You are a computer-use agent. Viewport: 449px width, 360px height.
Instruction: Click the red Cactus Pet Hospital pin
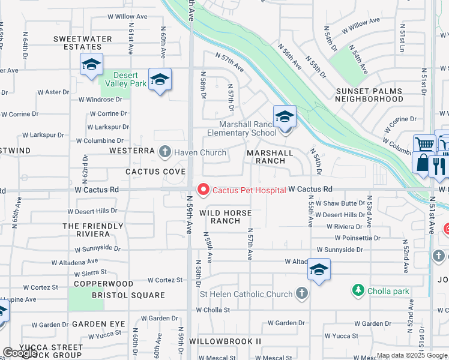(203, 190)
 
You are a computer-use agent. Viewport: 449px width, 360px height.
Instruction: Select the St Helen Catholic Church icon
(301, 294)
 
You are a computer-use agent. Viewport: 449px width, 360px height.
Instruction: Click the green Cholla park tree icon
(358, 291)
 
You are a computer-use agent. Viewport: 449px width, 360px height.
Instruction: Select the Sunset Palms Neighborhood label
(377, 95)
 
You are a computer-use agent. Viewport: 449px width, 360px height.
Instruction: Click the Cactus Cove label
(148, 172)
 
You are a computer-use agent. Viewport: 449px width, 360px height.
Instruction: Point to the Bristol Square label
(128, 295)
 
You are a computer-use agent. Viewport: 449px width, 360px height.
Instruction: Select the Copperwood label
(104, 283)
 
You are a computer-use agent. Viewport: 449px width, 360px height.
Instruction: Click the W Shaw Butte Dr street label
(340, 203)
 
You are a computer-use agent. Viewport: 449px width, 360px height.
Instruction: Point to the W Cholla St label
(213, 310)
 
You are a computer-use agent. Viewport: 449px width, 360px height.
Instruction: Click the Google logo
(19, 353)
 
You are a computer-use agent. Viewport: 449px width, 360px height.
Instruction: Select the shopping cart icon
(424, 144)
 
